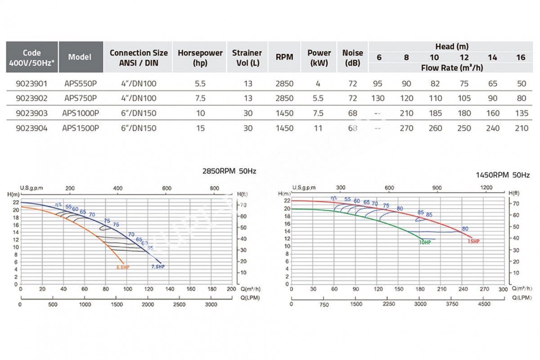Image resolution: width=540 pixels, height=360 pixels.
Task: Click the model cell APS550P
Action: (x=81, y=84)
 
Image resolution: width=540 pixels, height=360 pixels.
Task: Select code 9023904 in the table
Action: (x=31, y=128)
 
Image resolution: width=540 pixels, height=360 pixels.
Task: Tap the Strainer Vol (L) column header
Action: (x=247, y=58)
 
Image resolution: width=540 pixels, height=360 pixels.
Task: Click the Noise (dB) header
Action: (x=352, y=58)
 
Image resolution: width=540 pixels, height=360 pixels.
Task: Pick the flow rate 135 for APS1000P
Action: (x=521, y=113)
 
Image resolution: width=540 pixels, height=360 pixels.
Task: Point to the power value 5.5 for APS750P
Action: (x=319, y=99)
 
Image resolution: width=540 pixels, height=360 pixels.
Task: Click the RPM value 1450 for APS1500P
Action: (x=284, y=128)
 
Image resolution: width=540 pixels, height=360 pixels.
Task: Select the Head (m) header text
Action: (x=452, y=46)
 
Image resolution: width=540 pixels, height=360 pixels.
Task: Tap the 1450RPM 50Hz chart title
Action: (x=503, y=175)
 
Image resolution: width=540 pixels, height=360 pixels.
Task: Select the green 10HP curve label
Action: (x=425, y=242)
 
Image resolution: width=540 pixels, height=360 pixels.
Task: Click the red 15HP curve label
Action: (x=473, y=241)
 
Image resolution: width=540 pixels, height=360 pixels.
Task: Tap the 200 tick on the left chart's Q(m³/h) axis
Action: (x=231, y=289)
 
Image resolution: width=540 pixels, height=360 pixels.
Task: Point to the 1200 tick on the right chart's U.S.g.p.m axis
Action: (x=486, y=188)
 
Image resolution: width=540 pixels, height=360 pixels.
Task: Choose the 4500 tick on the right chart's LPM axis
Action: (x=484, y=304)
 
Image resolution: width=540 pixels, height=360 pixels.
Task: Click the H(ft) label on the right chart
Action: (x=513, y=193)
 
